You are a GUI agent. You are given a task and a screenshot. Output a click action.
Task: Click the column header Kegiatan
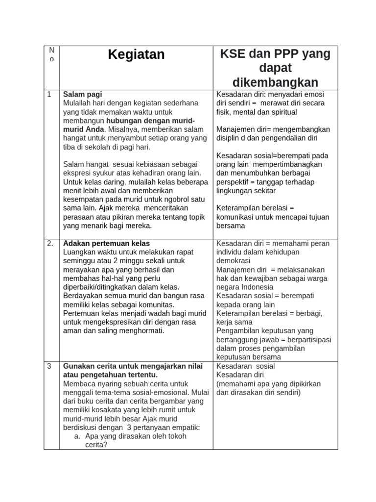coord(136,55)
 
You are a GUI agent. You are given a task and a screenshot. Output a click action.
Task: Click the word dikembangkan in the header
coord(275,82)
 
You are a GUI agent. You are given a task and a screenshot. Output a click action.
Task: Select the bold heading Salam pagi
coord(82,94)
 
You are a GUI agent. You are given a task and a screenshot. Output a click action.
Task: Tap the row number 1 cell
coord(49,94)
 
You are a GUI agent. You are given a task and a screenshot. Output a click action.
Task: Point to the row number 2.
coord(50,244)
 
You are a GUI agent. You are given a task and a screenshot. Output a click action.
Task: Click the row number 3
coord(49,366)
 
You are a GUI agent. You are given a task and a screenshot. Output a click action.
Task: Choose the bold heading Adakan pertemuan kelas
coord(106,244)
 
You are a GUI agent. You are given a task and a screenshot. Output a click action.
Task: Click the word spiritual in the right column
coord(281,112)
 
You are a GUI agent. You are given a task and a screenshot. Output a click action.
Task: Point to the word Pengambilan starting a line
coord(239,331)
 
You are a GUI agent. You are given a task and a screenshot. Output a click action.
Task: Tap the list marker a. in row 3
coord(77,436)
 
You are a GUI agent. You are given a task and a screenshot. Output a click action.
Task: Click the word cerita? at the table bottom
coord(96,445)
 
